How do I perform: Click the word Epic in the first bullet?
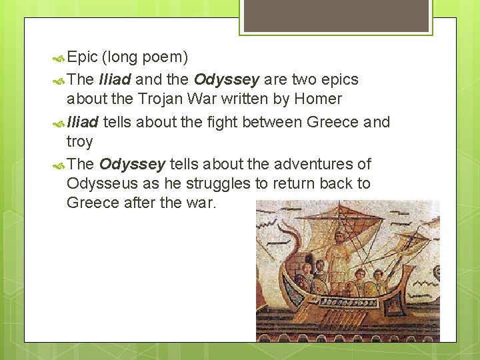tap(82, 57)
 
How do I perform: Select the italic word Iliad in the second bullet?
tap(115, 79)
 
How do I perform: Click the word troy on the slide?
tap(79, 141)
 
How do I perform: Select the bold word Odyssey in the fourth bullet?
tap(132, 164)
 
